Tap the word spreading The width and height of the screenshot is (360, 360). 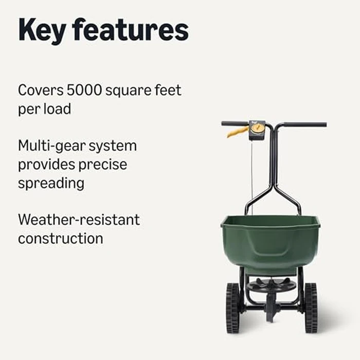tap(51, 184)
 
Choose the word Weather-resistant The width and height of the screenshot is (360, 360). tap(79, 220)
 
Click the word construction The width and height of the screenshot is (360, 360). tap(60, 239)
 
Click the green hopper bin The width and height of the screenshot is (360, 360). tap(271, 242)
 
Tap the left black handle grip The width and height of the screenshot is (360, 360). tap(234, 123)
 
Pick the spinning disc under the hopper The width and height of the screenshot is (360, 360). tap(271, 284)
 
